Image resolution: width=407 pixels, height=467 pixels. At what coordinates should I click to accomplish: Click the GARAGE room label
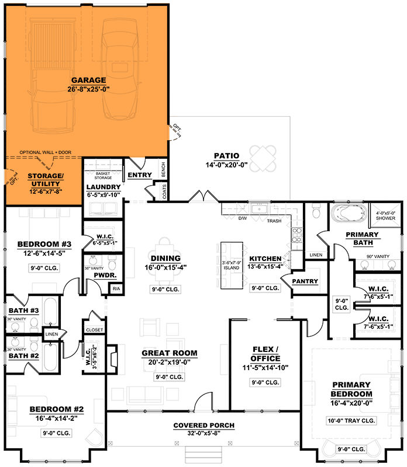[88, 80]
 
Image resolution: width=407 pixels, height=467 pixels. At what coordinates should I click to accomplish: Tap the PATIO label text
[226, 156]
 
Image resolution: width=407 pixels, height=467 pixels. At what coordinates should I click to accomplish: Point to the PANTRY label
[305, 281]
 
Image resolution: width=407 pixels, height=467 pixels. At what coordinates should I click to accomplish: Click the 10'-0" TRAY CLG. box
[351, 421]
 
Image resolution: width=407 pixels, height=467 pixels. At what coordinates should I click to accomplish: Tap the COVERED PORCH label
[203, 425]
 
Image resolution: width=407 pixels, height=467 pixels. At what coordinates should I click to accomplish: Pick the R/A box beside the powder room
[116, 288]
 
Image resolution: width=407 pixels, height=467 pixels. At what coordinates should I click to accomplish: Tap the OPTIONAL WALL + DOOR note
[45, 152]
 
